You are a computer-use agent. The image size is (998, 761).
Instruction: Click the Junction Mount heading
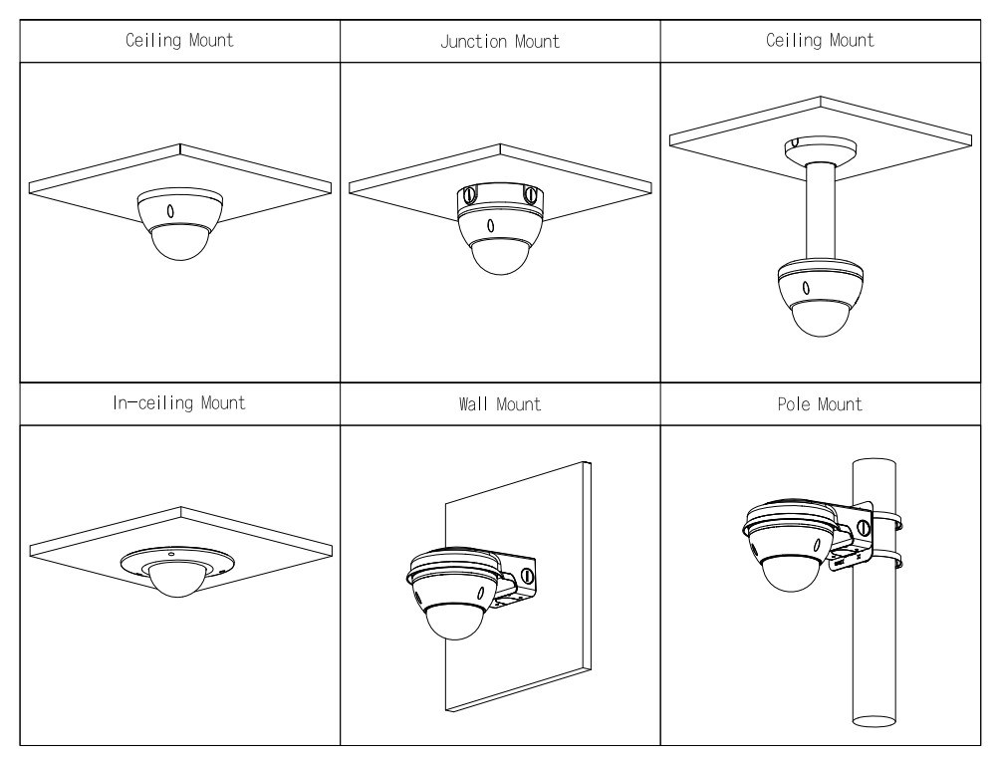[500, 42]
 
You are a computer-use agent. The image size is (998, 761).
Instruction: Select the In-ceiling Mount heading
[180, 404]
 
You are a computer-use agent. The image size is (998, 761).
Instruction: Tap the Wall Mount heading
[500, 404]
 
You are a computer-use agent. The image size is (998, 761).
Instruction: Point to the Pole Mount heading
[829, 404]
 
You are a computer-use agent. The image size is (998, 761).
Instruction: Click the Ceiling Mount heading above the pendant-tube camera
[829, 42]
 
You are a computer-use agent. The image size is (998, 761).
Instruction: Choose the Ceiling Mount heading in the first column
[180, 42]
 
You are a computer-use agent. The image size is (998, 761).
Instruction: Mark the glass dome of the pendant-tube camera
[820, 321]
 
